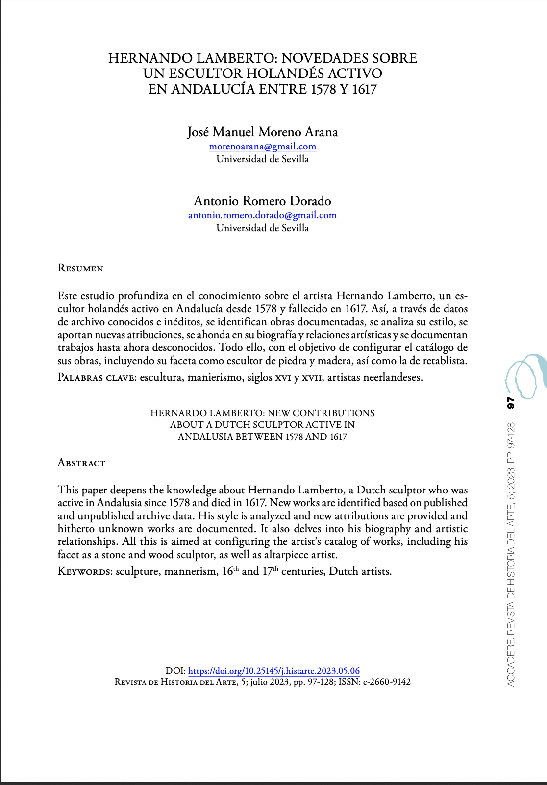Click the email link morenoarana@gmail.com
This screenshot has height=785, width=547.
[262, 147]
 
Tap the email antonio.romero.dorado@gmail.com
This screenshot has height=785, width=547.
[262, 215]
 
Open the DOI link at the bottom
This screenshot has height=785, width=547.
[273, 671]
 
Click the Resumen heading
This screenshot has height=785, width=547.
[80, 269]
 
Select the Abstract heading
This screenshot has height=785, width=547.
[81, 463]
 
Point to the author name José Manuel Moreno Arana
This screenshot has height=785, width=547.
[262, 132]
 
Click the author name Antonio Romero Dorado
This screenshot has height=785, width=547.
[262, 201]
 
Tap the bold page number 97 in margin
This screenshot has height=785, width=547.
[510, 403]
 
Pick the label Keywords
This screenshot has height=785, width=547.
[85, 572]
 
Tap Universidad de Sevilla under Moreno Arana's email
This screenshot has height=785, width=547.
[262, 159]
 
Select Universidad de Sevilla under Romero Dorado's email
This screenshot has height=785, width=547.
[262, 228]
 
